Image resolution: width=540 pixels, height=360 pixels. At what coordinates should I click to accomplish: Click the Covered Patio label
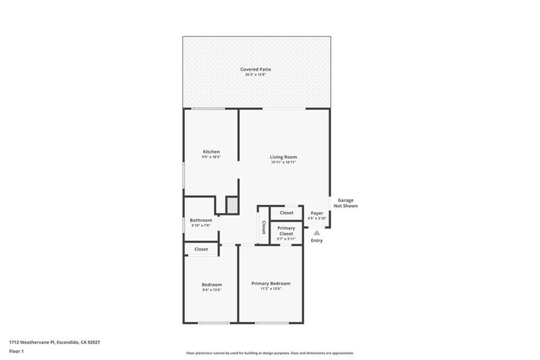click(x=255, y=69)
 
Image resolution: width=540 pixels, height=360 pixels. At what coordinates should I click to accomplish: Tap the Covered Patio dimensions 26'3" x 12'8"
click(x=255, y=75)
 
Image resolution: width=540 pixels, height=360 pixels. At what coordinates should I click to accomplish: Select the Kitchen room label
click(x=212, y=152)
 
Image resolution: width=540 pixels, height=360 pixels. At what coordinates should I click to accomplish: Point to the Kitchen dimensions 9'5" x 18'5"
click(x=212, y=157)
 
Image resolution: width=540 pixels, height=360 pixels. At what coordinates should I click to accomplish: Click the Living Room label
click(x=283, y=157)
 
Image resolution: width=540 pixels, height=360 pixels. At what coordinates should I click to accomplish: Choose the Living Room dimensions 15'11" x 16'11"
click(x=283, y=163)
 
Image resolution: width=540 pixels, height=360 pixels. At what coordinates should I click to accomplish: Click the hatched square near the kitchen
click(x=232, y=205)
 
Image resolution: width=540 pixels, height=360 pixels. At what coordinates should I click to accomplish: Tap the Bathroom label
click(x=201, y=220)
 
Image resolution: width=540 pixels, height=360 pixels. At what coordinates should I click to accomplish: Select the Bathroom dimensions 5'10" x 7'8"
click(x=201, y=226)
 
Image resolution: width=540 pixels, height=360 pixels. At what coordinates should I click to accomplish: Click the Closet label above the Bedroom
click(x=201, y=249)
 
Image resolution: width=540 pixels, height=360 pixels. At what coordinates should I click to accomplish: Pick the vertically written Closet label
click(x=264, y=228)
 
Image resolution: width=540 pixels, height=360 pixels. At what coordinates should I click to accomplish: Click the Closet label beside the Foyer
click(x=286, y=213)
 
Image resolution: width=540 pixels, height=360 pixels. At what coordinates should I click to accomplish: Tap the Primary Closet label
click(x=286, y=230)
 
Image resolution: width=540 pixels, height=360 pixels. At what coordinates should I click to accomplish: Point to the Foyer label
click(x=317, y=213)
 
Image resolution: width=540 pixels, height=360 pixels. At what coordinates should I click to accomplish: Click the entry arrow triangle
click(x=316, y=233)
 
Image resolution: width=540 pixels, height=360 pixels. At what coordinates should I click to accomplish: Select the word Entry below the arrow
click(x=316, y=241)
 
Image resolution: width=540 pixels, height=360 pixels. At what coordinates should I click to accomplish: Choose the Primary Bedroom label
click(x=271, y=283)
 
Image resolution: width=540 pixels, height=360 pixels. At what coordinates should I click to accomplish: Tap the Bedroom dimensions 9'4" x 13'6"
click(x=212, y=290)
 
